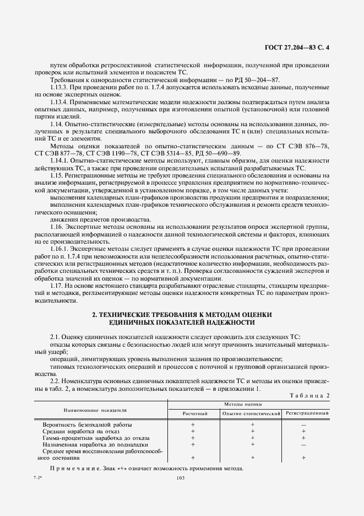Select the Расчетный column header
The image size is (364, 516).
click(195, 413)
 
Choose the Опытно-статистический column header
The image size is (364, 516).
click(251, 413)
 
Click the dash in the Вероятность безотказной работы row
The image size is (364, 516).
click(303, 425)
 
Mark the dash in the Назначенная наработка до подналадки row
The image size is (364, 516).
click(303, 444)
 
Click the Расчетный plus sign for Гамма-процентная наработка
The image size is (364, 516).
click(193, 438)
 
